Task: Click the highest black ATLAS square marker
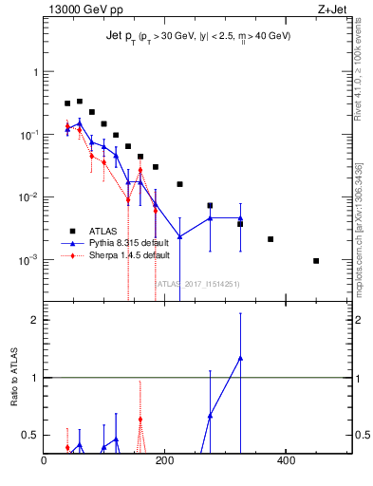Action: click(x=80, y=101)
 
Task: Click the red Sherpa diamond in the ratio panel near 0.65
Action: click(x=140, y=419)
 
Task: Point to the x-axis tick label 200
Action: click(x=164, y=461)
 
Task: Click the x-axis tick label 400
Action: click(x=285, y=461)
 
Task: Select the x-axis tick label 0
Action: click(x=44, y=461)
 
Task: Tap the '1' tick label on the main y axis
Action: click(x=35, y=72)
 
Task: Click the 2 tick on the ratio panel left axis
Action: click(x=34, y=320)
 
